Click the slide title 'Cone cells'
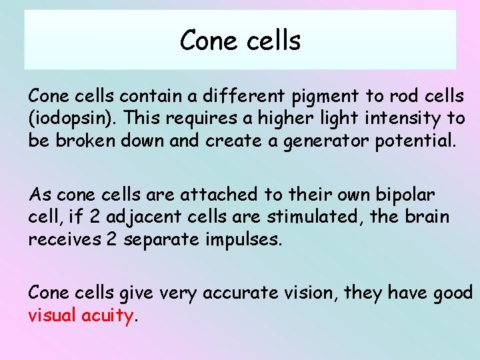click(x=240, y=41)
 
